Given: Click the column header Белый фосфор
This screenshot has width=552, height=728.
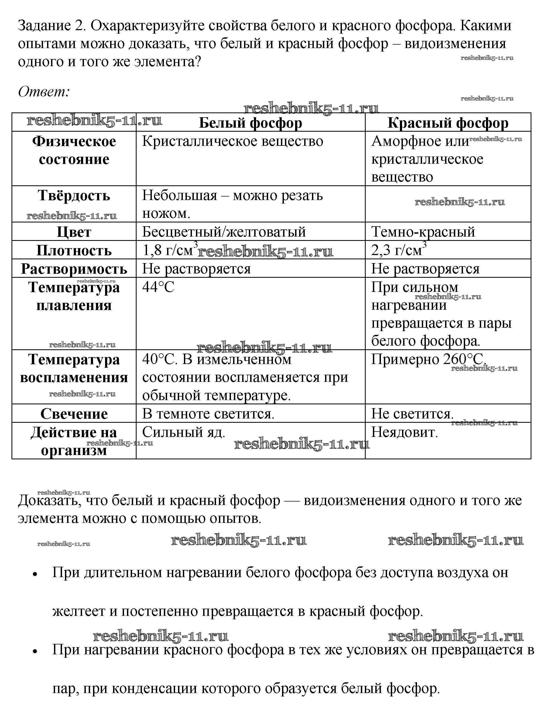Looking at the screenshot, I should (x=250, y=123).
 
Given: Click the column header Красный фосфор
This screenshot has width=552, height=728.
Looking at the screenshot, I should (x=448, y=123).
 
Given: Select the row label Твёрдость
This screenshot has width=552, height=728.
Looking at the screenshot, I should (x=74, y=195).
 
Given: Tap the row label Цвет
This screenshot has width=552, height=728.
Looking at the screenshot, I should (x=74, y=232).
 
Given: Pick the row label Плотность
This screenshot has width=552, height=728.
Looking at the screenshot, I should (x=74, y=251).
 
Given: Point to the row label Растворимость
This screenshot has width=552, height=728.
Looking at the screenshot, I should (x=74, y=269).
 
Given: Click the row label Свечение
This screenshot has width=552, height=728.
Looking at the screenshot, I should (x=74, y=414).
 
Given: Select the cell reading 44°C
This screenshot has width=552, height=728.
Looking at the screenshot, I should (x=158, y=287).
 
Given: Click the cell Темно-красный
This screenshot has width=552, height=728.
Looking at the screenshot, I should (x=423, y=232).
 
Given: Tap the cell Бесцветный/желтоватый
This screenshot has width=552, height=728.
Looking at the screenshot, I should (x=224, y=232).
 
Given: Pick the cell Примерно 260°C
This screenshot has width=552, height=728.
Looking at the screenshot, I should (x=428, y=359).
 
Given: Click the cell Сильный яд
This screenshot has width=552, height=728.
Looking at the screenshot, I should (x=183, y=432).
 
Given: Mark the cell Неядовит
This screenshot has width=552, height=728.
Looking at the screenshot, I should (x=404, y=432).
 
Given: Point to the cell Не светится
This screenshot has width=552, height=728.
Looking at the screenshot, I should (x=412, y=414).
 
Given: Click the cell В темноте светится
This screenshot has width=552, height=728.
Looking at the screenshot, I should (x=208, y=414).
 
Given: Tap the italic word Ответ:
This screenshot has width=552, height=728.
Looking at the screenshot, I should (x=44, y=92).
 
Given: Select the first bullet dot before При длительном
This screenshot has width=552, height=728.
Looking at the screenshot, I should (x=34, y=574).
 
